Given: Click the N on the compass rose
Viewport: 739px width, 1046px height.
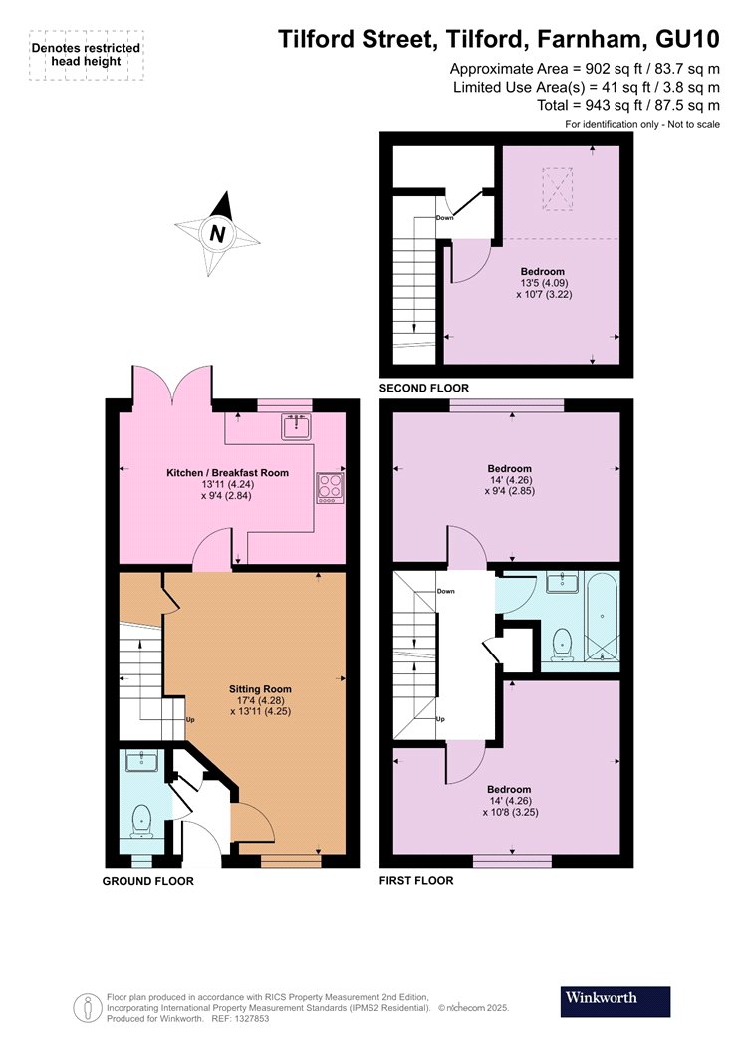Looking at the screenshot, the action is click(x=217, y=234).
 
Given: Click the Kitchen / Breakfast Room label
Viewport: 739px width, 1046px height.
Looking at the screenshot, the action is click(x=227, y=473).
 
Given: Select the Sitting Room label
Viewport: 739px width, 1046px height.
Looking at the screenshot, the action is click(x=260, y=689).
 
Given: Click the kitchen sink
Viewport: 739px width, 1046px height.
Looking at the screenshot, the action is click(x=296, y=427).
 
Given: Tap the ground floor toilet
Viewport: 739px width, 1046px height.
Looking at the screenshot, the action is click(x=141, y=821).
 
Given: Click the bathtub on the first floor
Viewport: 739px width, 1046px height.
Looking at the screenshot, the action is click(x=603, y=618).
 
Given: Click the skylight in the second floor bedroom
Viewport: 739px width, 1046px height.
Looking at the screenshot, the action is click(x=558, y=189).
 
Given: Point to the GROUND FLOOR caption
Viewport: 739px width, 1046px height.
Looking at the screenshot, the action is click(x=148, y=881).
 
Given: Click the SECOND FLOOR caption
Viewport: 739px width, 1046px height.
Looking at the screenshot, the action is click(x=424, y=388).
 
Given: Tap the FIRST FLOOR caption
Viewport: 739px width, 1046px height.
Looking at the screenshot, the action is click(x=416, y=880).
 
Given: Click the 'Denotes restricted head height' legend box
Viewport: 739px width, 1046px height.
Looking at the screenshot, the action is click(x=86, y=56).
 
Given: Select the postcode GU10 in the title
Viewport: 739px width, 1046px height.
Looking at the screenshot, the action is click(x=687, y=40).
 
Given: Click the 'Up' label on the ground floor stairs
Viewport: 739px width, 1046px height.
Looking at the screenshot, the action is click(x=190, y=720).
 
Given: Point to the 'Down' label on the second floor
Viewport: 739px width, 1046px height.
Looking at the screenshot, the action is click(x=445, y=217).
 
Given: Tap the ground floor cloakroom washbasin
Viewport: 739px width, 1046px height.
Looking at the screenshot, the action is click(x=141, y=760).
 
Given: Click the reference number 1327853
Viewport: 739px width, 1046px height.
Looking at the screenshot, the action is click(x=249, y=1019).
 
